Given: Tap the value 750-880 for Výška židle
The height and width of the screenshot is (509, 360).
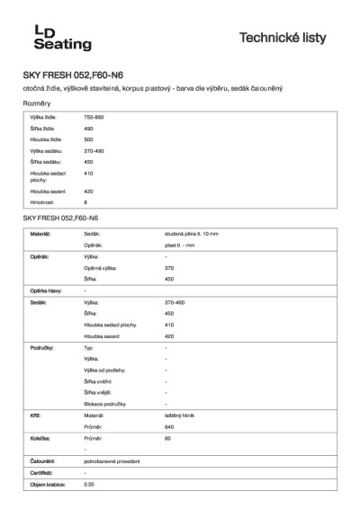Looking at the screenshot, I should (94, 118).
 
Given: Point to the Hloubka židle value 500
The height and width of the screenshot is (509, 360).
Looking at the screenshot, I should (88, 139).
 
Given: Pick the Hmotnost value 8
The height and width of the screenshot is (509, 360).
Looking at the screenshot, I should (85, 202).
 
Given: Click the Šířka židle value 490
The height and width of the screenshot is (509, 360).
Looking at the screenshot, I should (88, 129).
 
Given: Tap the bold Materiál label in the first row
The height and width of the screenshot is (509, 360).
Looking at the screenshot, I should (40, 234).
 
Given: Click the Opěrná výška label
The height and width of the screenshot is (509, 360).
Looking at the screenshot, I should (100, 268).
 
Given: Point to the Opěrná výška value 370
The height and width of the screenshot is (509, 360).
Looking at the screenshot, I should (169, 268).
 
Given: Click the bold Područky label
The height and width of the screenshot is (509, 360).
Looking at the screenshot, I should (43, 346).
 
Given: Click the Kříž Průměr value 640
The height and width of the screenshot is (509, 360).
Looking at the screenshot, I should (169, 426).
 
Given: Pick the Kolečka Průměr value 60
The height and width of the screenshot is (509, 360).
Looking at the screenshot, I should (167, 438).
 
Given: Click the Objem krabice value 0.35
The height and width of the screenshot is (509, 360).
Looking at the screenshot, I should (88, 484).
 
